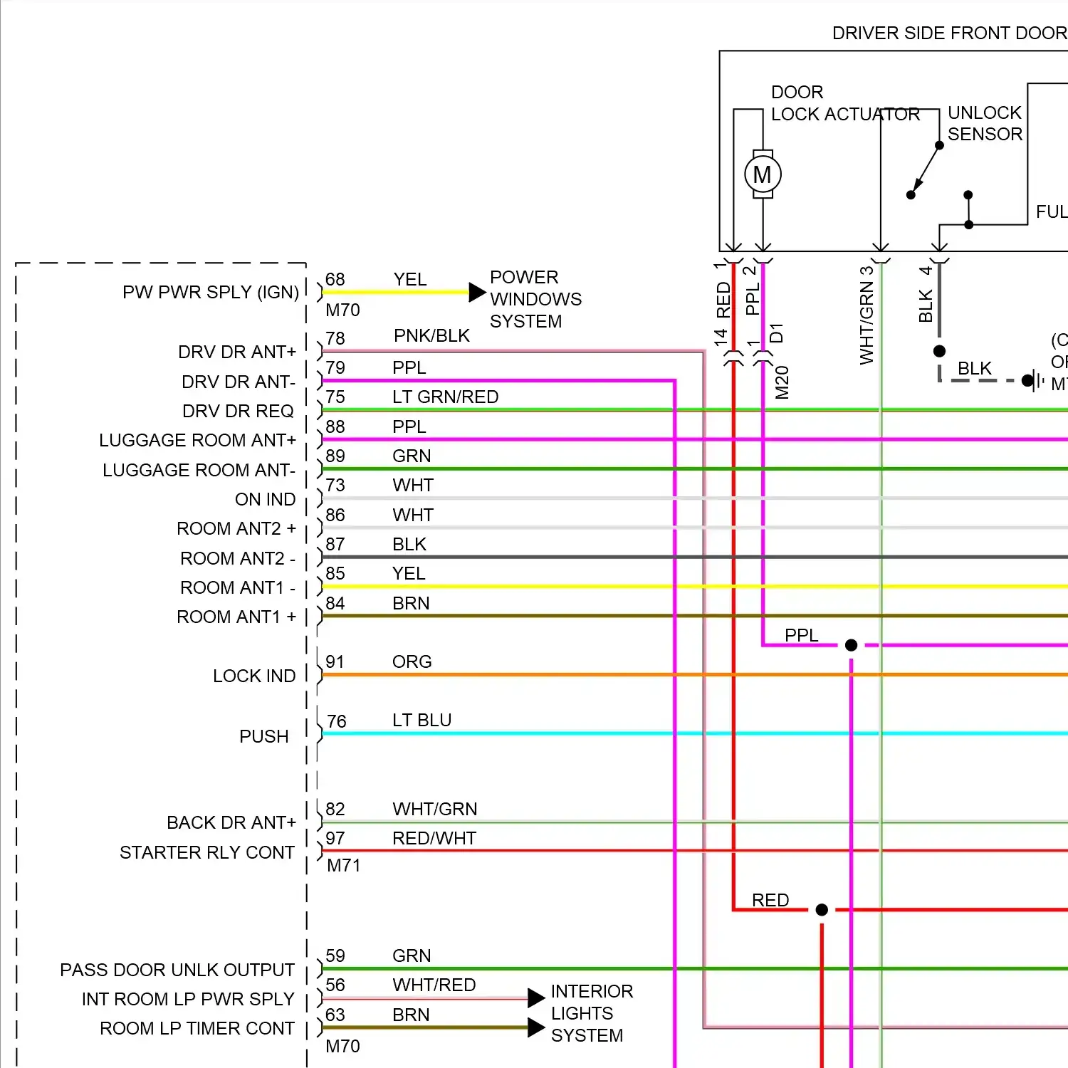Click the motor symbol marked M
coord(763,174)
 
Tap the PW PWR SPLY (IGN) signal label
coord(210,293)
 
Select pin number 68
coord(335,279)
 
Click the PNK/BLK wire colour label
coord(431,335)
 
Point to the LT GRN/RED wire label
coord(445,397)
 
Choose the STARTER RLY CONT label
coord(206,852)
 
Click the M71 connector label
coord(343,866)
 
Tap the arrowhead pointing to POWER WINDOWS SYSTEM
coord(477,292)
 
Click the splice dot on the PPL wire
coord(851,645)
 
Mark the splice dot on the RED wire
coord(822,909)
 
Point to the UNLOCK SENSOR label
coord(985,123)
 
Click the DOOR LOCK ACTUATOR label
coord(844,103)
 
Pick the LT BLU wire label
coord(422,720)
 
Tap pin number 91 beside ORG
coord(335,661)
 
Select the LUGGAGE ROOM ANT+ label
coord(197,441)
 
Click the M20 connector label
coord(782,382)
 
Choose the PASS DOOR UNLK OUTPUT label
coord(177,970)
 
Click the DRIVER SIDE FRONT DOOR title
coord(949,33)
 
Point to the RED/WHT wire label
coord(434,838)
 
